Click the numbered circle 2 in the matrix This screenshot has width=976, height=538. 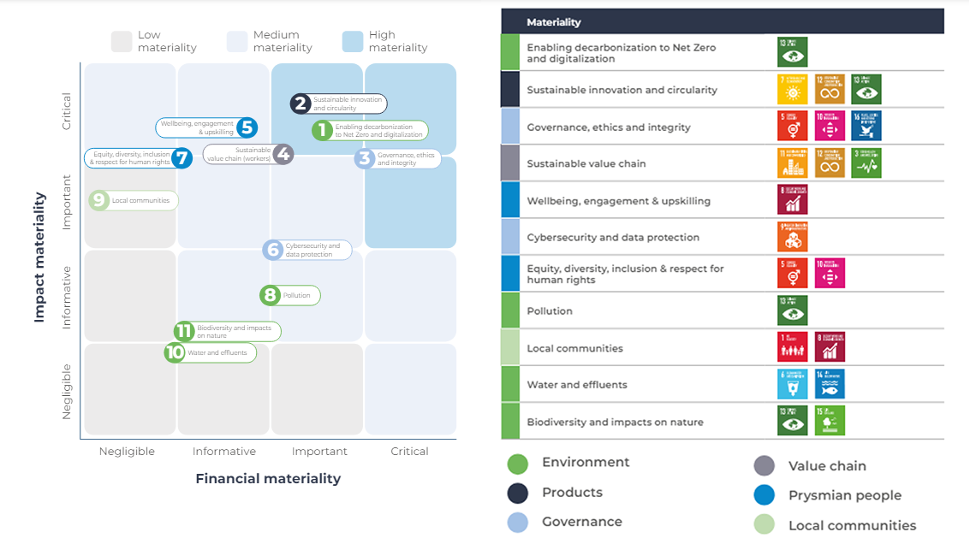[300, 104]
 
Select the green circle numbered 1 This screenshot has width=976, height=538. [322, 131]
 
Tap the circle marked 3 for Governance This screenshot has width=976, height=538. [365, 158]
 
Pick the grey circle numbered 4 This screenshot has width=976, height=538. [283, 155]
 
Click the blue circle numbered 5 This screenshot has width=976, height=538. [247, 128]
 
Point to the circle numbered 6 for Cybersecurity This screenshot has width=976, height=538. [273, 250]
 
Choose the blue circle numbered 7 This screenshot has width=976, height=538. [181, 158]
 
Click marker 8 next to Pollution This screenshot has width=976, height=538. [271, 295]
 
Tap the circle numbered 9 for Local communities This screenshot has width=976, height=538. [99, 201]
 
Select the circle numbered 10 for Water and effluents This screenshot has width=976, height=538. [175, 352]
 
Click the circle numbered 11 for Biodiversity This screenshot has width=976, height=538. [184, 331]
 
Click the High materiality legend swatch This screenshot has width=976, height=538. [352, 42]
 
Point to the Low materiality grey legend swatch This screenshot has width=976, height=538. [122, 42]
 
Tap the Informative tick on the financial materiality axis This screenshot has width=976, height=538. [224, 452]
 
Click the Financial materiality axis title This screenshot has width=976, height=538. [268, 479]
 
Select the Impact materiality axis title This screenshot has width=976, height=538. [39, 257]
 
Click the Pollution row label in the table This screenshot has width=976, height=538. [550, 311]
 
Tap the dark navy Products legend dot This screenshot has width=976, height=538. [517, 493]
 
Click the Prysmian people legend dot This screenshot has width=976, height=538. [765, 495]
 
